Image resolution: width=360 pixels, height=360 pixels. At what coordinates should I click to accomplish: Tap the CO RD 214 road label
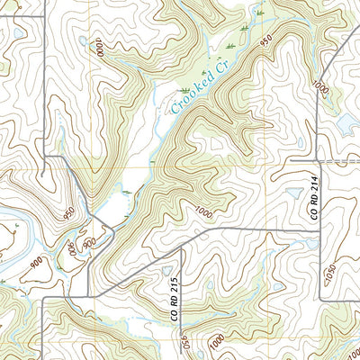(315, 203)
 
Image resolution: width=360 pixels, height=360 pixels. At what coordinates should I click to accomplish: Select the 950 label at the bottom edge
(185, 343)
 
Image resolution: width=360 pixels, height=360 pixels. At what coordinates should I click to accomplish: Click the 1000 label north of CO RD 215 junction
(202, 212)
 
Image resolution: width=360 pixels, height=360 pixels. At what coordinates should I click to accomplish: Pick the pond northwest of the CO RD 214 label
(294, 192)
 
